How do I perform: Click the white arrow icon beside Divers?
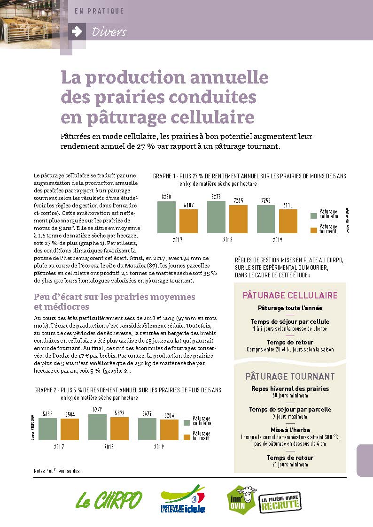(77, 31)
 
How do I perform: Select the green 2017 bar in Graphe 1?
(166, 217)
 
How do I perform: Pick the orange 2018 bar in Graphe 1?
(238, 219)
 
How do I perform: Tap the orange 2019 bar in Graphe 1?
(288, 221)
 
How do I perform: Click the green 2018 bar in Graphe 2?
(98, 427)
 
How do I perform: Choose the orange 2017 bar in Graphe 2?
(70, 429)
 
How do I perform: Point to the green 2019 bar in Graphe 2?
(148, 429)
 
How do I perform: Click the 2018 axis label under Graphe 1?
(228, 240)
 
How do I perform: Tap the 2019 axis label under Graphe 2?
(159, 447)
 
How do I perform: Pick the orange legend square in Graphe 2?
(187, 437)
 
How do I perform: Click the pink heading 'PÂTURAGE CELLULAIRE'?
(290, 296)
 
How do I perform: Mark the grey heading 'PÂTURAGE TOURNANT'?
(290, 376)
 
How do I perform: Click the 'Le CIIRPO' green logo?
(109, 500)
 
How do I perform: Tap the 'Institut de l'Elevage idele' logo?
(183, 499)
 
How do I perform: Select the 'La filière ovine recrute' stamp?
(280, 502)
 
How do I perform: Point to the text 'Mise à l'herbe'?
(290, 430)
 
